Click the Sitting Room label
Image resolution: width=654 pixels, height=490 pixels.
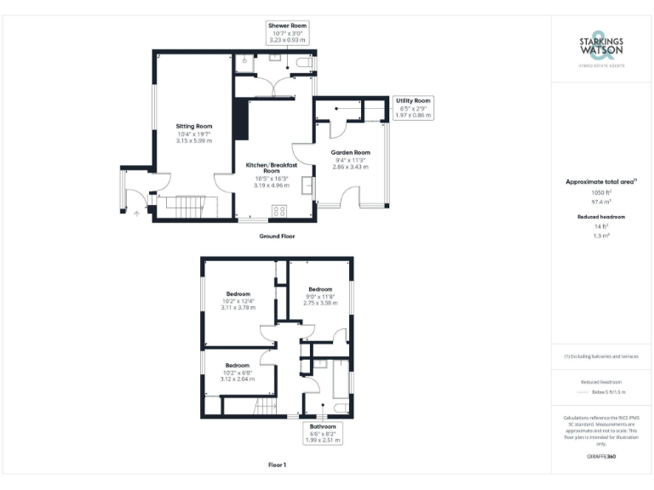pyautogui.click(x=194, y=133)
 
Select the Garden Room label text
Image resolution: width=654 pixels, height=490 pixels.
pyautogui.click(x=350, y=162)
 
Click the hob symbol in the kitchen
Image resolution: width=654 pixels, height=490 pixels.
pyautogui.click(x=278, y=211)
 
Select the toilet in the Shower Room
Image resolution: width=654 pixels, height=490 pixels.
pyautogui.click(x=244, y=60)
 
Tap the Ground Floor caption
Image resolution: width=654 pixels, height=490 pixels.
pyautogui.click(x=278, y=236)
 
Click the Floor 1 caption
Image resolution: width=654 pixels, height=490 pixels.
pyautogui.click(x=278, y=465)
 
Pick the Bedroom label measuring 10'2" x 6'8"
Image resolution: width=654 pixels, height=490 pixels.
pyautogui.click(x=238, y=372)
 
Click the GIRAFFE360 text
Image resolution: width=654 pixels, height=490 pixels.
pyautogui.click(x=601, y=457)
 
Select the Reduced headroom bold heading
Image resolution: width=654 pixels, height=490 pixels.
pyautogui.click(x=601, y=217)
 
